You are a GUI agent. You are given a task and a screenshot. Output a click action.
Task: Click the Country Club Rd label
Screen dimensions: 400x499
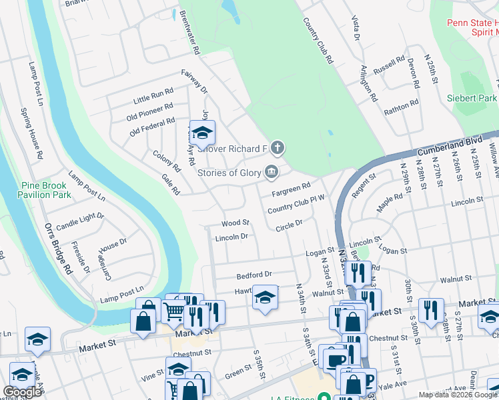click(x=318, y=40)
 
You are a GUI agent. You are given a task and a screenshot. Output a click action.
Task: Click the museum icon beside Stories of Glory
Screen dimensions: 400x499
click(x=272, y=173)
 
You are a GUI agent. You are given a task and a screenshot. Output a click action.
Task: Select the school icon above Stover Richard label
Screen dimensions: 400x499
click(x=202, y=133)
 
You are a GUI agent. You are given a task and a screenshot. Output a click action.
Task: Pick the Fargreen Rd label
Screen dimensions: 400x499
click(x=292, y=190)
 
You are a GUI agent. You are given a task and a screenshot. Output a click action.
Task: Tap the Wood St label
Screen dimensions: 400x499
click(x=235, y=222)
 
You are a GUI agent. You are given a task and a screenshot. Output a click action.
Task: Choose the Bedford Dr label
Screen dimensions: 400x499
click(x=254, y=275)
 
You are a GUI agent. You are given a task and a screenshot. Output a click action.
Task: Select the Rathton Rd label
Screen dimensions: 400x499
click(x=400, y=107)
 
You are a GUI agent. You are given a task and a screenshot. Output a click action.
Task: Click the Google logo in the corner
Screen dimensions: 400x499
click(x=23, y=392)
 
